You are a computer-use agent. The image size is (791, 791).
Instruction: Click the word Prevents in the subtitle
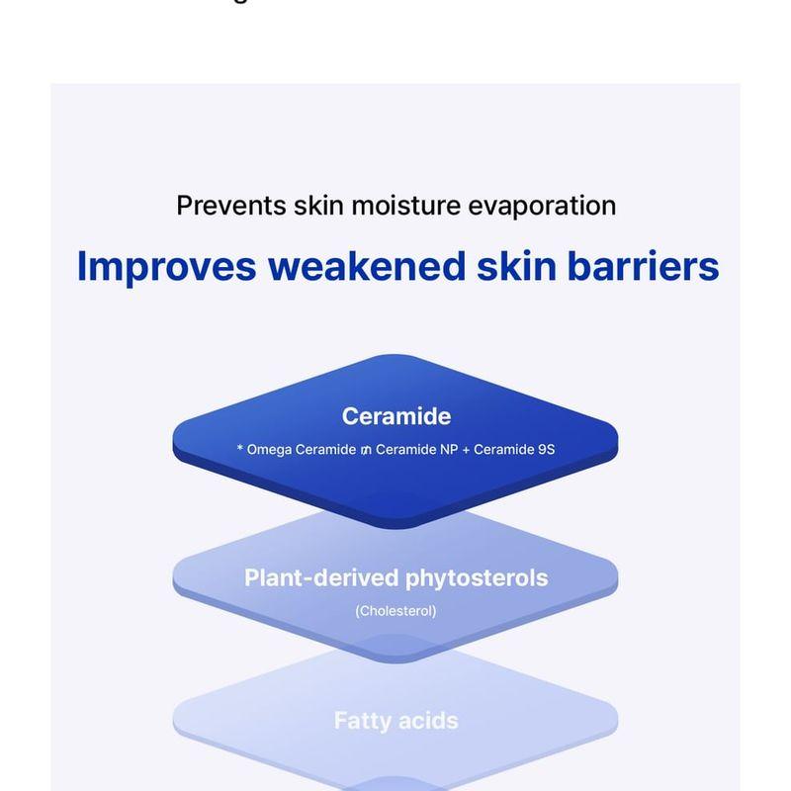pos(230,206)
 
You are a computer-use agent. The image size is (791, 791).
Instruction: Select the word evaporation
pos(548,206)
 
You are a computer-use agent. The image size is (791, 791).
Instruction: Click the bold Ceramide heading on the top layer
pos(395,416)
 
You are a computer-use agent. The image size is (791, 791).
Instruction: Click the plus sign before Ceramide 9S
pos(465,449)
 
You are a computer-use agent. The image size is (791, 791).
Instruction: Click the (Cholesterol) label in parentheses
pos(395,611)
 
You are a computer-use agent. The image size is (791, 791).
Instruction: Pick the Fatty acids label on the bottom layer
pos(395,721)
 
